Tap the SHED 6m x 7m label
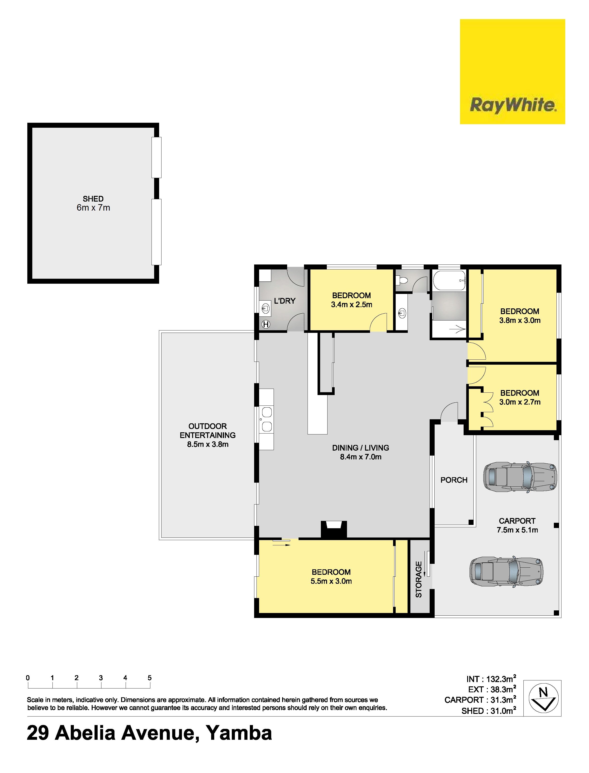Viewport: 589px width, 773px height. [93, 203]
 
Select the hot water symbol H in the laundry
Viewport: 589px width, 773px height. [266, 325]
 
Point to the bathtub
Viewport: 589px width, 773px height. [449, 280]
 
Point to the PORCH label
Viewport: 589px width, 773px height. [454, 480]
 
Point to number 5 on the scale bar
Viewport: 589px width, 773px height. [150, 678]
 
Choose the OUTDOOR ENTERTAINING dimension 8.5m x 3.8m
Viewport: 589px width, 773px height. [208, 444]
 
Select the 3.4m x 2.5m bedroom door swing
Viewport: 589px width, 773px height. [379, 322]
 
